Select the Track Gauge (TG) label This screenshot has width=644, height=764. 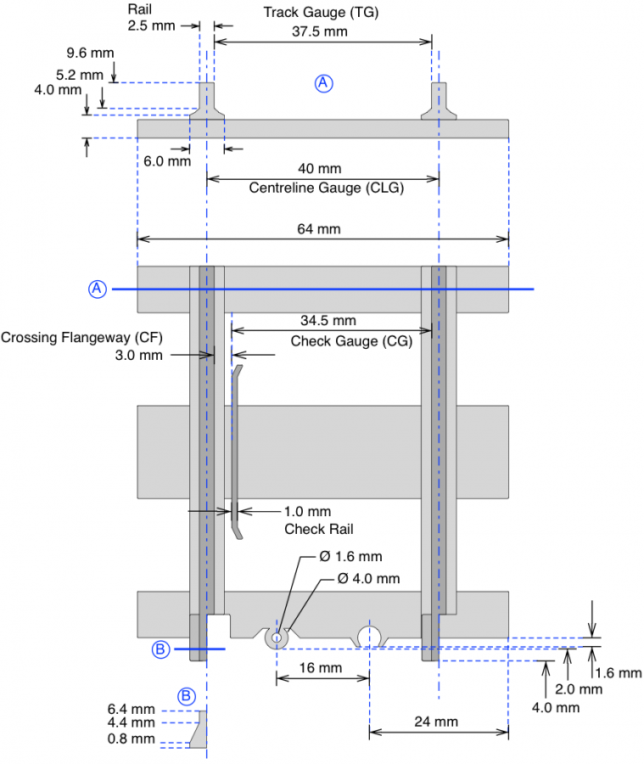coord(321,13)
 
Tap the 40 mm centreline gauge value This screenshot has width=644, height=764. coord(326,169)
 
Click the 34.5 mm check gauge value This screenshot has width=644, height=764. coord(328,321)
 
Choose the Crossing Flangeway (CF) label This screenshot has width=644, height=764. coord(81,337)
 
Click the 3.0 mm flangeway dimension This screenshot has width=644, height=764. coord(138,355)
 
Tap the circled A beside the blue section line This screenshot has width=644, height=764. coord(98,289)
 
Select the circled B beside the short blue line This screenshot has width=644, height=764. coord(161,649)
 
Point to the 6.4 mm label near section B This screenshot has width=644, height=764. coord(131,708)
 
